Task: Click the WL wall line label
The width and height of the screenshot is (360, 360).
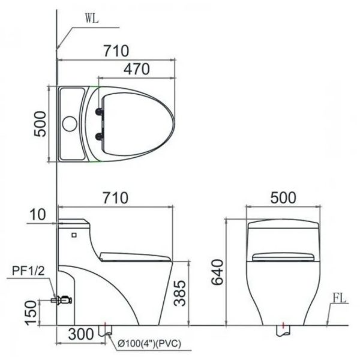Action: [91, 19]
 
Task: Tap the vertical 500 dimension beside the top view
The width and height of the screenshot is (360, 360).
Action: [40, 124]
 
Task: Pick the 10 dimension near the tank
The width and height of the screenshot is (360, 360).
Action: [38, 214]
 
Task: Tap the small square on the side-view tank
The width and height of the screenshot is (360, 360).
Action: [74, 233]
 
